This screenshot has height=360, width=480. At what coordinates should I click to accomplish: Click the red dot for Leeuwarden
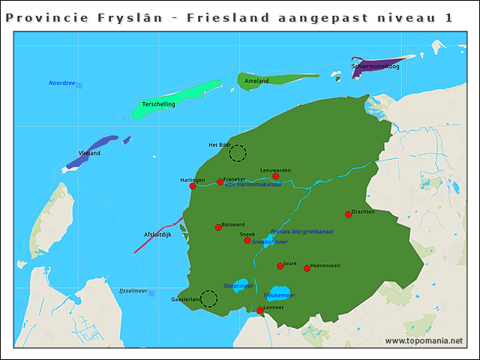pos(275,177)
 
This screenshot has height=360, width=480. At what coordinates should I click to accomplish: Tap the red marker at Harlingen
pos(193,186)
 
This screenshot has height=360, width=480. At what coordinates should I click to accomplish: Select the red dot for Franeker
pos(220,181)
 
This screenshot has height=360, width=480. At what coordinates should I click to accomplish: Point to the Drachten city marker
pos(348,214)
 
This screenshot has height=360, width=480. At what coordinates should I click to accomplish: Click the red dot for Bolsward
pos(218,227)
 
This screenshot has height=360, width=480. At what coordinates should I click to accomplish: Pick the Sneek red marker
pos(247,240)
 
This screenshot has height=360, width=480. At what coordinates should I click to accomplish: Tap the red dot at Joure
pos(280,265)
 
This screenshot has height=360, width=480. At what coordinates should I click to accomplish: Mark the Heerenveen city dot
pos(307,268)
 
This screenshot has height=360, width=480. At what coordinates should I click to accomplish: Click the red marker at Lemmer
pos(260,310)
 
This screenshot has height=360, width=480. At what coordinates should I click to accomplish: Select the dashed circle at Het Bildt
pos(238,154)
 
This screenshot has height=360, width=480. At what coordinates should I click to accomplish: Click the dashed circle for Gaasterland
pos(208,299)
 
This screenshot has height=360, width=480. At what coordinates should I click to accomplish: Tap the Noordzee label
pos(61,83)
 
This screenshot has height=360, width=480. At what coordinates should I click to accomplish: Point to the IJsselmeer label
pos(133,290)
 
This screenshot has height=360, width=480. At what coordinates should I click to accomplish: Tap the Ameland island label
pos(256,81)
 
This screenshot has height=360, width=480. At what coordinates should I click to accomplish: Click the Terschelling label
pos(158,104)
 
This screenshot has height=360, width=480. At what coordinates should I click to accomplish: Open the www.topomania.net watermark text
pos(424,341)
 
